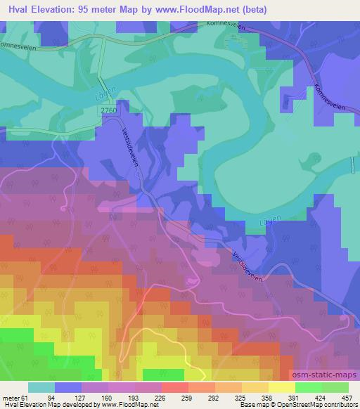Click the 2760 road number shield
pos(108,110)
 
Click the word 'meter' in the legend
pos(11,397)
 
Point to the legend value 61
pos(27,397)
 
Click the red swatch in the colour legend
pos(174,387)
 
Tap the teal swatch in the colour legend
pos(41,387)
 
